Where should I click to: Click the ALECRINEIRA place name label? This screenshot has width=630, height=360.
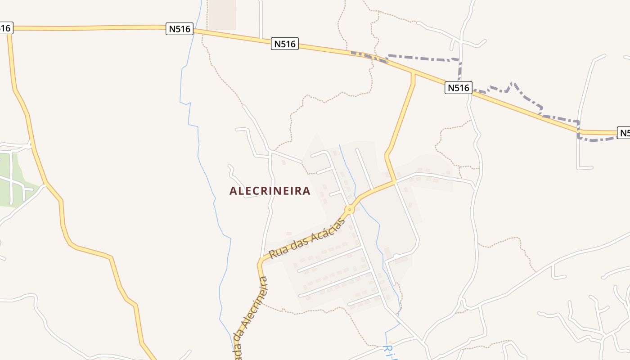pyautogui.click(x=270, y=191)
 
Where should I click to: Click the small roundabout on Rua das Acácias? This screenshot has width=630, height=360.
pyautogui.click(x=350, y=210)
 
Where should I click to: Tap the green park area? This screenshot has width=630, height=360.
pyautogui.click(x=11, y=180)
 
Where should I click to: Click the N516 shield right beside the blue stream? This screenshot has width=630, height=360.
pyautogui.click(x=180, y=29)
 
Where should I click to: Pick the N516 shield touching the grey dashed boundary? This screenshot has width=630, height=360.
pyautogui.click(x=459, y=87)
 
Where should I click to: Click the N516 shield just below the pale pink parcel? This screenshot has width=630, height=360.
pyautogui.click(x=285, y=44)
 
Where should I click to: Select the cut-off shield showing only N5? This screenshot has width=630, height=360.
pyautogui.click(x=624, y=133)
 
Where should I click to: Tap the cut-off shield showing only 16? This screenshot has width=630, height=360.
pyautogui.click(x=5, y=28)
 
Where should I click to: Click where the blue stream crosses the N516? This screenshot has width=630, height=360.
pyautogui.click(x=195, y=30)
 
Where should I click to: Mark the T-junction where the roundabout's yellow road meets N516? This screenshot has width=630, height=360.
pyautogui.click(x=413, y=72)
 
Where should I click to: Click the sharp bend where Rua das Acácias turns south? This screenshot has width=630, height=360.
pyautogui.click(x=261, y=262)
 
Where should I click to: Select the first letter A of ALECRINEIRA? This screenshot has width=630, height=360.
pyautogui.click(x=233, y=191)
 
